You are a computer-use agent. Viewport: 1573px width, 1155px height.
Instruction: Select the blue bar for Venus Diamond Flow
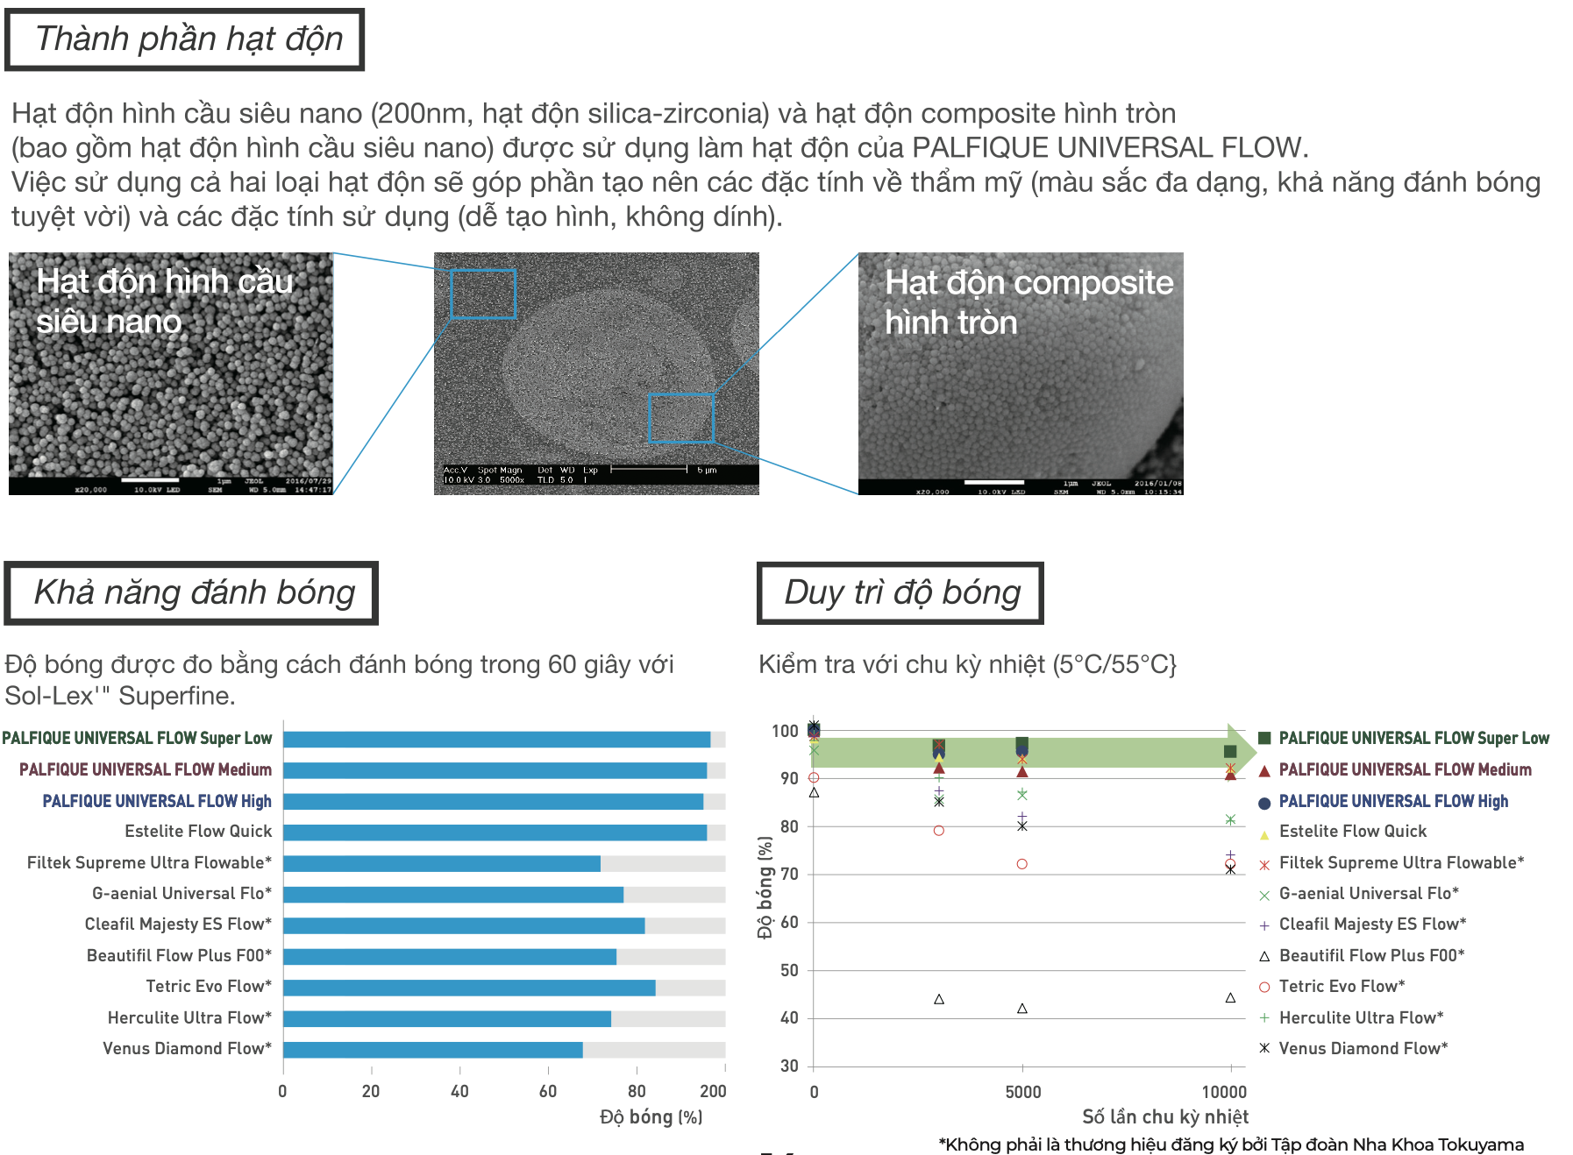pyautogui.click(x=432, y=1050)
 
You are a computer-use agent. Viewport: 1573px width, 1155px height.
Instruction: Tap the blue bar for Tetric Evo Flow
pyautogui.click(x=469, y=988)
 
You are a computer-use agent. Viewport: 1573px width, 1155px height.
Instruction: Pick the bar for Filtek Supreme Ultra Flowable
pyautogui.click(x=441, y=864)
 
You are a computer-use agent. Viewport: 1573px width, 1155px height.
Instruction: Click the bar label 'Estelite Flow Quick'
pyautogui.click(x=198, y=832)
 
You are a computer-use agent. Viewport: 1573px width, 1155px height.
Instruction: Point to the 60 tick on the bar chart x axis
pyautogui.click(x=548, y=1091)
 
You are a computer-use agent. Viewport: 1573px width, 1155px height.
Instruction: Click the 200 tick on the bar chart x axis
pyautogui.click(x=713, y=1091)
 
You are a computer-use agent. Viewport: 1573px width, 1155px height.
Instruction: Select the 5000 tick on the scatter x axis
pyautogui.click(x=1023, y=1092)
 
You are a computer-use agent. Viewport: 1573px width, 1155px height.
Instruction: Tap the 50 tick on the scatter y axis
pyautogui.click(x=789, y=970)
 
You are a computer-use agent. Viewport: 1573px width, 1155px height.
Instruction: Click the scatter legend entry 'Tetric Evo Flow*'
pyautogui.click(x=1342, y=987)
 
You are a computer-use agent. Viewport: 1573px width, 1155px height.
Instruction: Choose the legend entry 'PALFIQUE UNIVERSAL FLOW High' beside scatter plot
pyautogui.click(x=1393, y=801)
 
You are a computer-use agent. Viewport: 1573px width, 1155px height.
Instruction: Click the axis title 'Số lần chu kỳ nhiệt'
pyautogui.click(x=1164, y=1116)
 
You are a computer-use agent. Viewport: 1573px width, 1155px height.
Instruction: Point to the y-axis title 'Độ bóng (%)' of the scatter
pyautogui.click(x=765, y=888)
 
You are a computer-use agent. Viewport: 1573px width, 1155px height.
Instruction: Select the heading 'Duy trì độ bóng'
pyautogui.click(x=901, y=593)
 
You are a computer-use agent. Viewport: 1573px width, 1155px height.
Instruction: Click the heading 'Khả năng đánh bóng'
pyautogui.click(x=193, y=593)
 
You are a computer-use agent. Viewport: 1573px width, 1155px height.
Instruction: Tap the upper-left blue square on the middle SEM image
pyautogui.click(x=482, y=294)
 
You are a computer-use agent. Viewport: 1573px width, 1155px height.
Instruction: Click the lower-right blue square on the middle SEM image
pyautogui.click(x=681, y=418)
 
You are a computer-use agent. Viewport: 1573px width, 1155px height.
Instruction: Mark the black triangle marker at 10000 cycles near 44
pyautogui.click(x=1230, y=998)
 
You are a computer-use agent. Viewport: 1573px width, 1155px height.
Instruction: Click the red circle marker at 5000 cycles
pyautogui.click(x=1022, y=864)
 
